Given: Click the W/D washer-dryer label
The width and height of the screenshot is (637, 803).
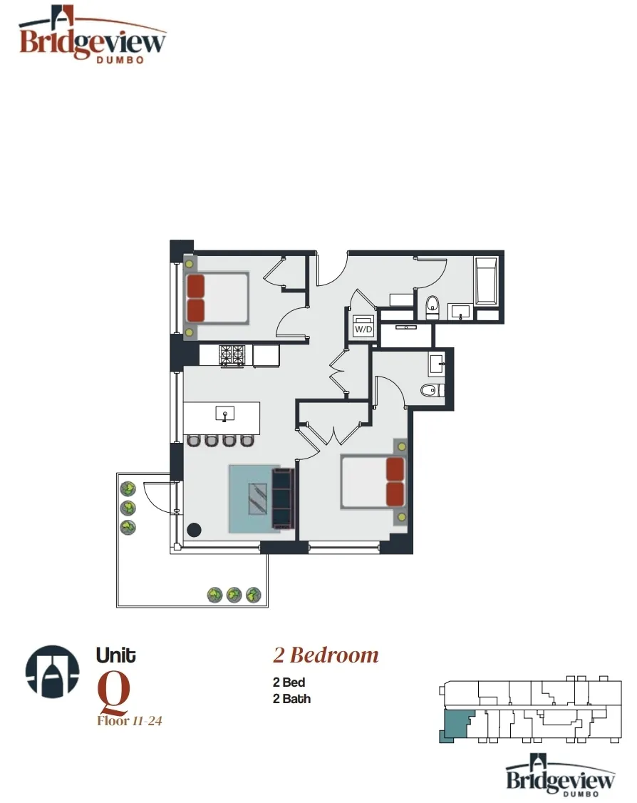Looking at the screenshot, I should tap(363, 329).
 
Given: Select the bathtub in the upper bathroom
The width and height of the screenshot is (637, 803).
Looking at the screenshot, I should tap(488, 282).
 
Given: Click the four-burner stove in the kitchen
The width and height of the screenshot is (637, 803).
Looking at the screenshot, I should tap(232, 355).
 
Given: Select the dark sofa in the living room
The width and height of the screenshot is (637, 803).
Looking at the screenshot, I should tap(282, 498).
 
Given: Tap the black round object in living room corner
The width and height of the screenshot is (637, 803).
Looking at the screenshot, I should tap(193, 531).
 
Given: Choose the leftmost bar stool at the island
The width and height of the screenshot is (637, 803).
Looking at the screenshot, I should tap(193, 441).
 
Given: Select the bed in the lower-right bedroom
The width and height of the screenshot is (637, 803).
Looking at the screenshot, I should tap(373, 482).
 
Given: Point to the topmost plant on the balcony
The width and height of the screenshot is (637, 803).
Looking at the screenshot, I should tap(128, 489).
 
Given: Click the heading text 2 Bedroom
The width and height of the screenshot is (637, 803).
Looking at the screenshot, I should tap(326, 655).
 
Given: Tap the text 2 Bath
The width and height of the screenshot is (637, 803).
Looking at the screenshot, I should tap(291, 699).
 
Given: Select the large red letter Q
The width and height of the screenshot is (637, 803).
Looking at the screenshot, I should tap(113, 690).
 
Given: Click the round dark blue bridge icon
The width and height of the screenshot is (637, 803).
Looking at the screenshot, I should tap(52, 671).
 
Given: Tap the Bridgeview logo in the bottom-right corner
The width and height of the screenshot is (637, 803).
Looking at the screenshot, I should tap(560, 775).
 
